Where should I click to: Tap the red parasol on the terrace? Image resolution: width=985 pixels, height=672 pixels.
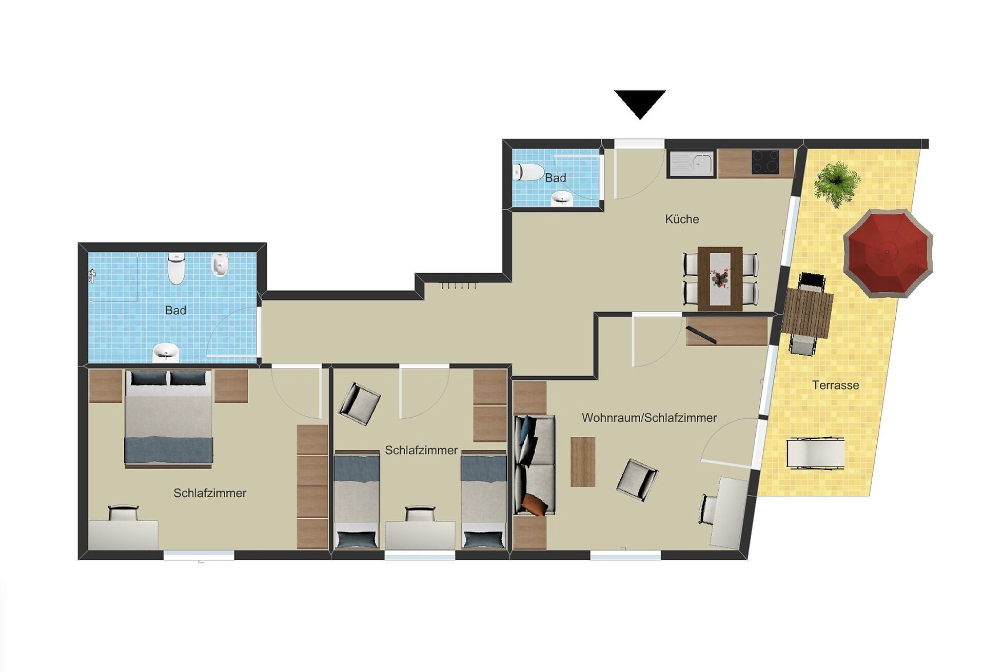[888, 253]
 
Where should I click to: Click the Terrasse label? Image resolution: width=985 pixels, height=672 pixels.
[835, 385]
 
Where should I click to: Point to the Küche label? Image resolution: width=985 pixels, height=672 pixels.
[682, 219]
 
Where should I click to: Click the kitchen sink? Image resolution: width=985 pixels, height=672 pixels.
[691, 164]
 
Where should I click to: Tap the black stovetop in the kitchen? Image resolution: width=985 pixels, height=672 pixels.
[765, 162]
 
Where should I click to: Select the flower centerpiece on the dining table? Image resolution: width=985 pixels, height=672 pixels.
[720, 277]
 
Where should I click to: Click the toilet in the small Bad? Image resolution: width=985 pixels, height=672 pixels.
[528, 172]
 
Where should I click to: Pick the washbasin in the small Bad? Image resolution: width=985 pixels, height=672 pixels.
[563, 198]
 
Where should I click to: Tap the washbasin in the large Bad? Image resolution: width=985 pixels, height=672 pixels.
[166, 352]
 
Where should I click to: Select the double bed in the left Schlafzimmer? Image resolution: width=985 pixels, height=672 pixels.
[168, 418]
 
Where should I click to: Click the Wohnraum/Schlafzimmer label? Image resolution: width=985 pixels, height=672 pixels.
[649, 418]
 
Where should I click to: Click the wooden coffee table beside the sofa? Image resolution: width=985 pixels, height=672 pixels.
[583, 461]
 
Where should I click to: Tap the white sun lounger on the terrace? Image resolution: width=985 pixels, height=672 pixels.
[816, 453]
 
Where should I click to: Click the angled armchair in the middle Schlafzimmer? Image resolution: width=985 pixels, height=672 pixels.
[359, 403]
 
